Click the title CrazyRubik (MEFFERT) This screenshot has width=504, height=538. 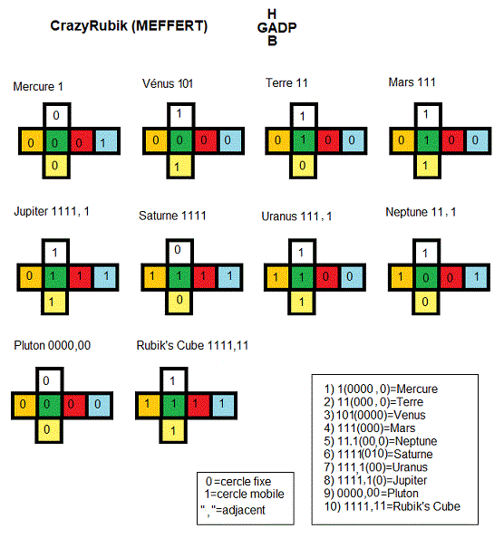129,26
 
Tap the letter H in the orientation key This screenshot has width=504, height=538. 272,14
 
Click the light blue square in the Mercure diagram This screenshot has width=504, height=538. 106,141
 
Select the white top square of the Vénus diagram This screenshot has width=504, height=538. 180,116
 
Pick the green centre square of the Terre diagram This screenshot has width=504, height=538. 304,140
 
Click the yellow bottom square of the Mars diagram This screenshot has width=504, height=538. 428,166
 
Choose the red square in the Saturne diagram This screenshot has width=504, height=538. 204,277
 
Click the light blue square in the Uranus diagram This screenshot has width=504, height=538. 352,277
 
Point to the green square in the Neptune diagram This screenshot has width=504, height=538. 426,277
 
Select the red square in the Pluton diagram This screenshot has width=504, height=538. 72,405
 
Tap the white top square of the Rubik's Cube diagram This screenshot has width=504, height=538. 173,380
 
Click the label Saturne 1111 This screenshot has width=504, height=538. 172,216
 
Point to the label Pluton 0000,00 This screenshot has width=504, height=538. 53,345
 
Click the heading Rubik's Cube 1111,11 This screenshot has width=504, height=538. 192,345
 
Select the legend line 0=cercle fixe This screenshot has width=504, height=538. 238,481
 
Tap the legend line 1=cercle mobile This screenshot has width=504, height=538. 244,495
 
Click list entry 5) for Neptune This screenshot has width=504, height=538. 381,441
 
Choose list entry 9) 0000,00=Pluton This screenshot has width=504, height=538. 371,493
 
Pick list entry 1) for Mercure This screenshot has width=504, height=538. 381,389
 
